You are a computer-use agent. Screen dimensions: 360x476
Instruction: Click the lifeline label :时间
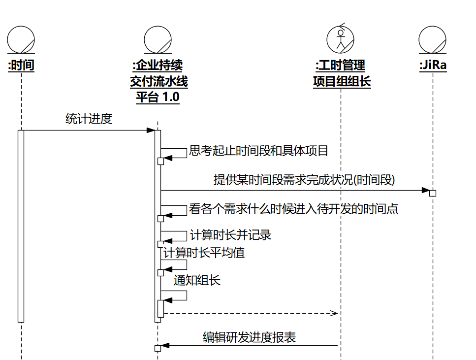tap(21, 65)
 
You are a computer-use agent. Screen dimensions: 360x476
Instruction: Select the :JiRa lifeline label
tap(433, 65)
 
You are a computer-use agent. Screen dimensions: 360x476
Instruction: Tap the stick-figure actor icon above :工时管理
tap(340, 38)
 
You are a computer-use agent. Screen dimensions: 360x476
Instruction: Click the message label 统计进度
tap(89, 119)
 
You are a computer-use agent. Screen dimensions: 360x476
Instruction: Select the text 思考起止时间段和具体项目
tap(258, 151)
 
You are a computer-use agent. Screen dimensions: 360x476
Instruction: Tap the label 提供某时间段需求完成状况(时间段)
tap(304, 180)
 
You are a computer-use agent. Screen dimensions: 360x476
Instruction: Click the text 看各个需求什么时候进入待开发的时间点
tap(293, 209)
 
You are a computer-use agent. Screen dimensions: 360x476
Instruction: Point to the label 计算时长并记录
tap(230, 235)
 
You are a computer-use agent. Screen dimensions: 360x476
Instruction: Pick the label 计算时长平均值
tap(204, 253)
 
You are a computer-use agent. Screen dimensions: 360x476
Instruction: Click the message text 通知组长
tap(197, 281)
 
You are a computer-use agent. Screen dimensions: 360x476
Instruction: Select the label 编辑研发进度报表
tap(249, 337)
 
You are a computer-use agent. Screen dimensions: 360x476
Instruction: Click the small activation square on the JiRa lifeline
tap(433, 193)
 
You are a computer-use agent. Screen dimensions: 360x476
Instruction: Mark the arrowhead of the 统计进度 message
tap(151, 131)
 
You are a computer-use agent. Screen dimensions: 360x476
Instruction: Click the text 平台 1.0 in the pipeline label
tap(158, 97)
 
